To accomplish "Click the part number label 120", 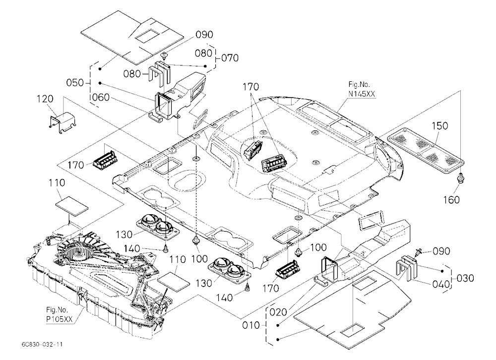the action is tap(45, 99).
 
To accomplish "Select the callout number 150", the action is tap(440, 125).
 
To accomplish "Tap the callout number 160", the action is tap(451, 200).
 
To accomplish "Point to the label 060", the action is tap(101, 97).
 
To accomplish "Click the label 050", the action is tap(75, 83).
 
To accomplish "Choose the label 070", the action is tap(230, 58).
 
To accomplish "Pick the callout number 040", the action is tap(441, 284).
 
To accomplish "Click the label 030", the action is tap(465, 278).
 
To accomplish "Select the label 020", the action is tap(278, 312).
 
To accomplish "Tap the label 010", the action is tap(251, 325).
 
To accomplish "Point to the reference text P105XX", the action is tap(59, 319).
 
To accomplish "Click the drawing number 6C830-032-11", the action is tap(42, 344).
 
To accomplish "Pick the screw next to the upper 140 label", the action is tap(165, 249).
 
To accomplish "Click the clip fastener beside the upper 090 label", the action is tap(165, 56).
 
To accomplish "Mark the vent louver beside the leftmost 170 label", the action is tap(104, 161).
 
